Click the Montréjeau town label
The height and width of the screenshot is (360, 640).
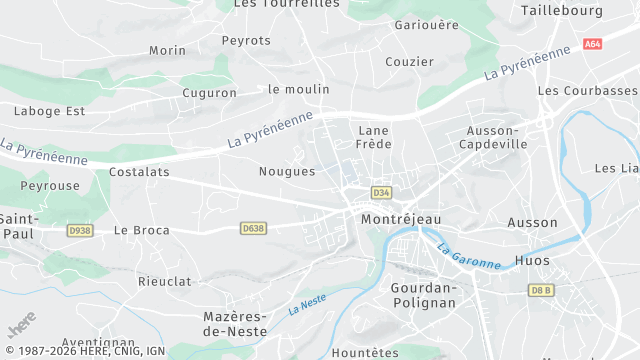coord(400,218)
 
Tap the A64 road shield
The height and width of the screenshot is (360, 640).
coord(593,44)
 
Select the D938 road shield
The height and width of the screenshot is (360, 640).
coord(80,230)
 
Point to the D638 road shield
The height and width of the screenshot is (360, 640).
coord(253,229)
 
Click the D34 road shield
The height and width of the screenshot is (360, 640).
coord(380,192)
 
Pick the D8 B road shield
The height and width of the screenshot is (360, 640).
coord(541,290)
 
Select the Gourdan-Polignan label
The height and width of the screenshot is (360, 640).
coord(418,295)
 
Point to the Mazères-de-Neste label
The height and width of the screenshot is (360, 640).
coord(233,323)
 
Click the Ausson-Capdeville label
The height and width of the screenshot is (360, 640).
coord(493,137)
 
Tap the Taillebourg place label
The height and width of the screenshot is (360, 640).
coord(562,10)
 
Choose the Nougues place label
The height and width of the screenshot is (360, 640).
coord(287,171)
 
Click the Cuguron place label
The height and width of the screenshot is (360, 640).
coord(209,93)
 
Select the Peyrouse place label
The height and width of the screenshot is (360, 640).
coord(50,186)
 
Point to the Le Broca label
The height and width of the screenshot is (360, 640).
coord(141,230)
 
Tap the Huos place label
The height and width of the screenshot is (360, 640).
coord(531,261)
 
